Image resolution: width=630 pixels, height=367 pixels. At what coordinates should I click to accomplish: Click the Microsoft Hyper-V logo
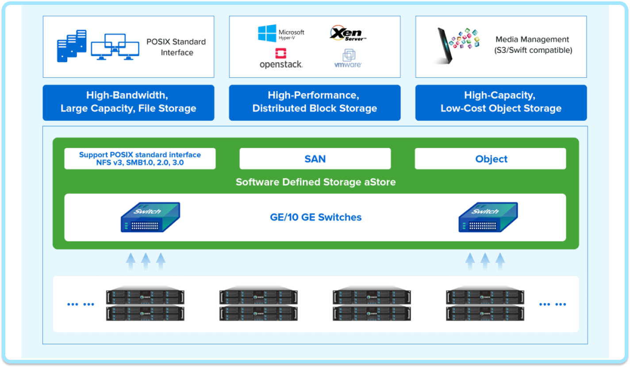coord(281,33)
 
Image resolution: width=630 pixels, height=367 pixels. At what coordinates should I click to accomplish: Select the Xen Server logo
coord(348,34)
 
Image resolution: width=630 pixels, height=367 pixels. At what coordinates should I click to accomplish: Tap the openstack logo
coord(281,59)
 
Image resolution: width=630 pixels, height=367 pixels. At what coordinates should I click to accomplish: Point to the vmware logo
coord(348,59)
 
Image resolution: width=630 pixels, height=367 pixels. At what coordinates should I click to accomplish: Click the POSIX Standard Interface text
coord(177,47)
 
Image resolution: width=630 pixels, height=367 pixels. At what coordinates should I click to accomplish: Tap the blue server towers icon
coord(72,45)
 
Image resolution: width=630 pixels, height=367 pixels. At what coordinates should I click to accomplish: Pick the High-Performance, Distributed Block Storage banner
coord(315,102)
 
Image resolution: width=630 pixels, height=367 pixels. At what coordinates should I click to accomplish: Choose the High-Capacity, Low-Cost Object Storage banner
coord(501,102)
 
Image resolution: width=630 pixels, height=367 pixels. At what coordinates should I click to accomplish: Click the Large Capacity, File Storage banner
coord(128,102)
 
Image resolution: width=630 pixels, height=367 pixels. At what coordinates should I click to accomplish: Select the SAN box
coord(315,159)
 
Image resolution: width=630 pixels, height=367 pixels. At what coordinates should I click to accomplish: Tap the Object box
coord(490,159)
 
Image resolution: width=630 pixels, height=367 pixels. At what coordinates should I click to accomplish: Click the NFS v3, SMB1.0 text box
coord(140,159)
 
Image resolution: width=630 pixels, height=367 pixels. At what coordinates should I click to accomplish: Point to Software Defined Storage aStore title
coord(315,182)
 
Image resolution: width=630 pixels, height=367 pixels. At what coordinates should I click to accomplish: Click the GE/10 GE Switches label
coord(315,217)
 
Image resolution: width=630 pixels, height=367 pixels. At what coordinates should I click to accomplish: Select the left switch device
coord(150,217)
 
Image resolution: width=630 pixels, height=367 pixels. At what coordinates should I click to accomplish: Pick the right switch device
coord(488,217)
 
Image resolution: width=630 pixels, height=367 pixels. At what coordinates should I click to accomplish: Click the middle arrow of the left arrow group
coord(146,261)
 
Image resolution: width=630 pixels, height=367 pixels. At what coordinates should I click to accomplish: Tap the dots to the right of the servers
coord(552,304)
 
